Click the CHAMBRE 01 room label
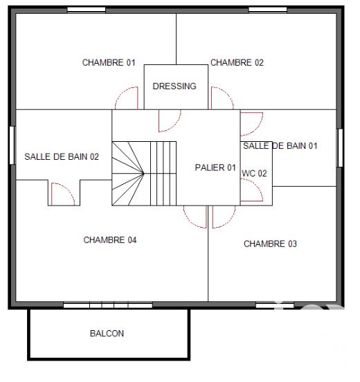coord(109,62)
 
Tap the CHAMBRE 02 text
coord(237,62)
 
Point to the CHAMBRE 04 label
coord(110,240)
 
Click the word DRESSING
coord(174,87)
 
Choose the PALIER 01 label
coord(215,167)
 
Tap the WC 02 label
coord(254,174)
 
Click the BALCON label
coord(107,334)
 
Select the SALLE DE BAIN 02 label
coord(62,156)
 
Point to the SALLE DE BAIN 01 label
coord(280,145)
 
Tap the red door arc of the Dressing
coord(169,121)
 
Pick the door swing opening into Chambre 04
coord(195,217)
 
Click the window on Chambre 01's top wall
coord(86,10)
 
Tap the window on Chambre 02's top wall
coord(267,10)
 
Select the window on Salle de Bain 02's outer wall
coord(12,145)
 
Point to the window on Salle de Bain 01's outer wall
coord(340,147)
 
